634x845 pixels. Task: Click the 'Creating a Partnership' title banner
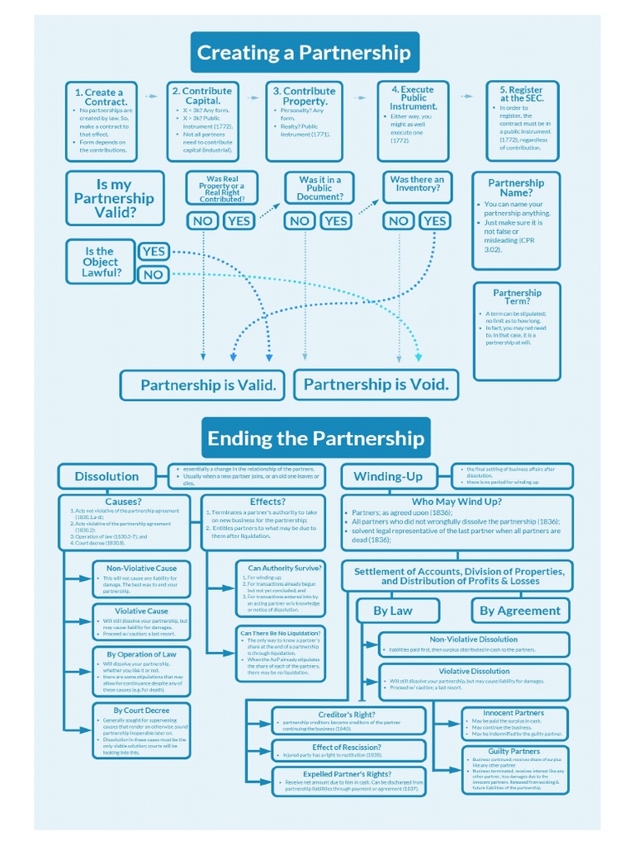tap(304, 53)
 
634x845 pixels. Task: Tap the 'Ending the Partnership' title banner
tap(315, 438)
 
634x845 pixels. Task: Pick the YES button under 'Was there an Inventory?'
tap(434, 220)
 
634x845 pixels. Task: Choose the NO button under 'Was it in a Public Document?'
tap(300, 220)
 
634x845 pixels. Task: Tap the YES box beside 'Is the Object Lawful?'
tap(154, 251)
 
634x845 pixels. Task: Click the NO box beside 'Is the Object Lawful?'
tap(154, 275)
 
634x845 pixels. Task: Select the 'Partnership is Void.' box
tap(376, 385)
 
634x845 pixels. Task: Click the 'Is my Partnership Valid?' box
tap(114, 198)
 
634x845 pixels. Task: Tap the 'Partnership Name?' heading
tap(516, 187)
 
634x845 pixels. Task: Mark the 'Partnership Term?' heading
tap(517, 296)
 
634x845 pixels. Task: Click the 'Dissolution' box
tap(106, 476)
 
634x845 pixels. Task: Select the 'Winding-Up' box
tap(388, 476)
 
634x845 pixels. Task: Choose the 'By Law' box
tap(393, 611)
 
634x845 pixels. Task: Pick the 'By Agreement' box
tap(520, 611)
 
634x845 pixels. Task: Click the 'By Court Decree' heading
tap(141, 710)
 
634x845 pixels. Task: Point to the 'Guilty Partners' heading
tap(514, 751)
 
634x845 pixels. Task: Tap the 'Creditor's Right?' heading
tap(347, 714)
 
